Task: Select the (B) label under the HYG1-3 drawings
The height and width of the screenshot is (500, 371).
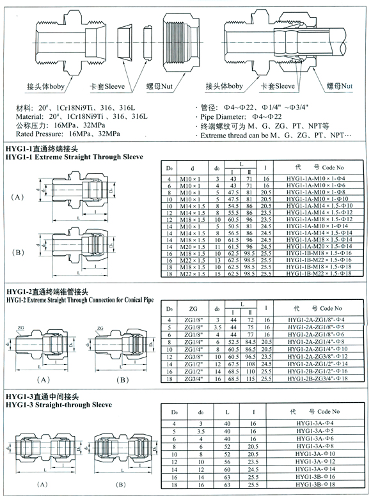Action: click(x=122, y=486)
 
